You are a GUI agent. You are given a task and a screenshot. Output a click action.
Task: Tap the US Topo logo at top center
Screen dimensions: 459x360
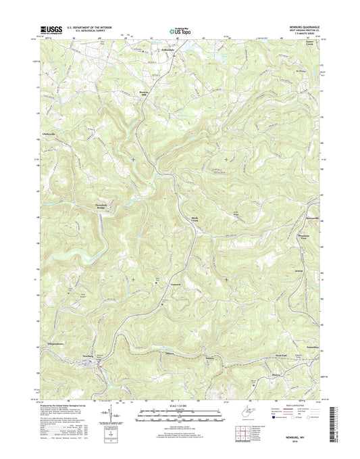click(179, 30)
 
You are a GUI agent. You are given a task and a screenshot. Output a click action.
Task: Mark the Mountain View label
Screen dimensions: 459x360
click(308, 235)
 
